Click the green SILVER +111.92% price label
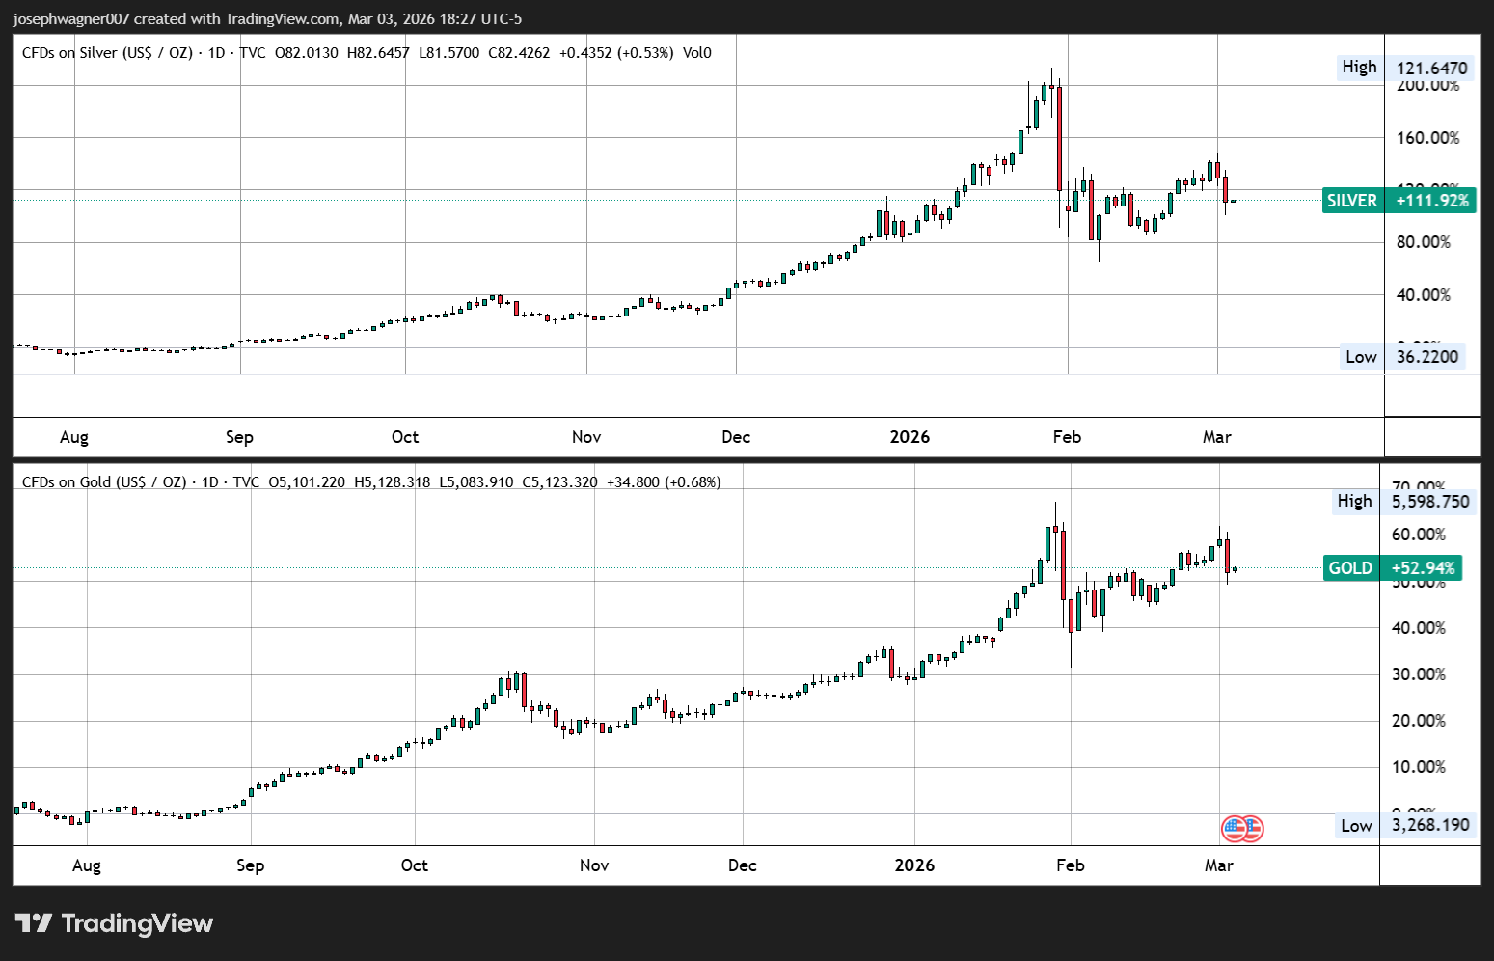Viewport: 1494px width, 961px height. [1399, 201]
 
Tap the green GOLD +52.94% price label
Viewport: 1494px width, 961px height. [1393, 568]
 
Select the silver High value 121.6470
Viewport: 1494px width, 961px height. [1431, 68]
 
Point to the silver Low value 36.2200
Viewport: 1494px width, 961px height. [1427, 357]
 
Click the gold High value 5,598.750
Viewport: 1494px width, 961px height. [1430, 502]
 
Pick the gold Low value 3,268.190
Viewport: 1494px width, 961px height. [1430, 825]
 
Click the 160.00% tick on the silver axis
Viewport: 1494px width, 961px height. [1427, 138]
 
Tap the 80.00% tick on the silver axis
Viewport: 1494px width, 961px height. [1423, 242]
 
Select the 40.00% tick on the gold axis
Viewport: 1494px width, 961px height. [1418, 628]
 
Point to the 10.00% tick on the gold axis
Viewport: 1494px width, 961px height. [1418, 767]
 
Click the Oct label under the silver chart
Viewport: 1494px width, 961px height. [405, 437]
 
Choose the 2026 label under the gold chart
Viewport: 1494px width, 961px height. [914, 865]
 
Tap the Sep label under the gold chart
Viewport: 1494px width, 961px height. [250, 865]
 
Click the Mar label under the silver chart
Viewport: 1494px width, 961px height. [1216, 437]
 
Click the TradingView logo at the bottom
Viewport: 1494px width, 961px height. [115, 923]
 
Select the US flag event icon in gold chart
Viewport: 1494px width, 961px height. [1242, 829]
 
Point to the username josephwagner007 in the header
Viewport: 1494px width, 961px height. [71, 18]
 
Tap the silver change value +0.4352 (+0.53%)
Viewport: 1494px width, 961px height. [615, 53]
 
